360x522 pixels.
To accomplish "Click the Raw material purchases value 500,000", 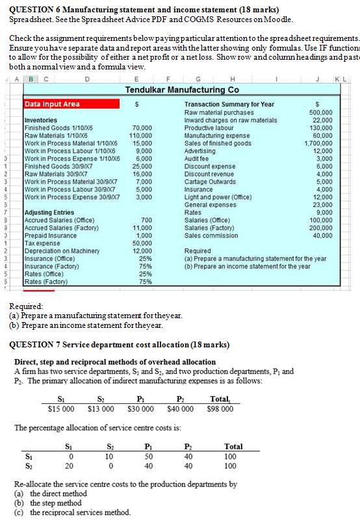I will pyautogui.click(x=323, y=112).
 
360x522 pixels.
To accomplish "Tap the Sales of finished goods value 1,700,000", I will pyautogui.click(x=320, y=143).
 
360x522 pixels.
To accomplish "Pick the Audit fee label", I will pyautogui.click(x=198, y=158).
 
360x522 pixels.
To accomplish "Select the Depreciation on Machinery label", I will pyautogui.click(x=58, y=251).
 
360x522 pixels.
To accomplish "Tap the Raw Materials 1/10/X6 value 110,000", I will pyautogui.click(x=142, y=136).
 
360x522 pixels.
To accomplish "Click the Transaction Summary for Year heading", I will pyautogui.click(x=229, y=104).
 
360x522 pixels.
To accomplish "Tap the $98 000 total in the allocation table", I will pyautogui.click(x=220, y=408).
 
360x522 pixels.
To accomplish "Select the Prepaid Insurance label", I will pyautogui.click(x=50, y=235).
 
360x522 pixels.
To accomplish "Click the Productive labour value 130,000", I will pyautogui.click(x=323, y=128).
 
